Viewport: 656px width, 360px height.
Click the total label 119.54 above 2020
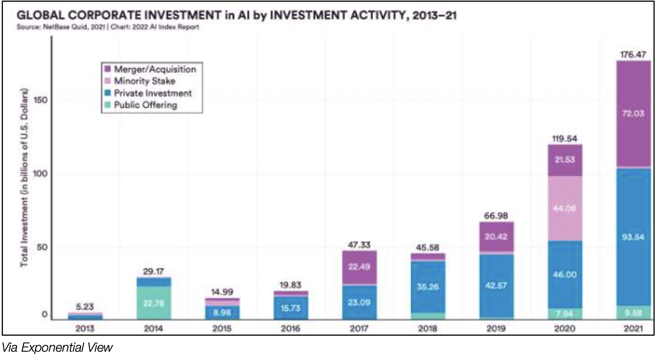(x=564, y=138)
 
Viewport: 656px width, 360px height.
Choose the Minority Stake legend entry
(x=144, y=81)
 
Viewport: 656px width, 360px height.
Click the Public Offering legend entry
(x=145, y=105)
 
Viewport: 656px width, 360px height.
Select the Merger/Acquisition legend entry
(x=154, y=69)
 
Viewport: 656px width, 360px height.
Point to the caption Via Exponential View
(x=58, y=348)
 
